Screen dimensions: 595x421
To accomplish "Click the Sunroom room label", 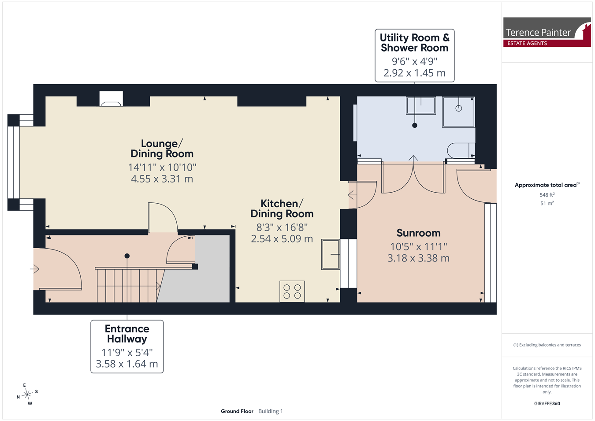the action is click(x=418, y=233).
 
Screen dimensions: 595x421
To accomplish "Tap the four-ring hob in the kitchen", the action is click(x=292, y=291).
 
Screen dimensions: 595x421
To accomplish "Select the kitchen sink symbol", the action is click(x=331, y=254).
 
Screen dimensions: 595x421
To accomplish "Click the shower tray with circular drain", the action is click(x=458, y=112).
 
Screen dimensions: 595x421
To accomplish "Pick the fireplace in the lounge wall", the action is click(x=111, y=99).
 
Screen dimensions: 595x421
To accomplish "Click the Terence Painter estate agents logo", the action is click(x=547, y=32).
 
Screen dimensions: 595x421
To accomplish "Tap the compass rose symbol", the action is click(x=27, y=394).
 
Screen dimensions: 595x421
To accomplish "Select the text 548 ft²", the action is click(x=547, y=195).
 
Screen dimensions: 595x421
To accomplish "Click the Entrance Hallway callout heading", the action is click(x=127, y=334).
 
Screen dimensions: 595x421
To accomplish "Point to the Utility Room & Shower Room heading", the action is click(x=414, y=42).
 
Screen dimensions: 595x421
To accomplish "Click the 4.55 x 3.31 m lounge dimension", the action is click(x=162, y=179).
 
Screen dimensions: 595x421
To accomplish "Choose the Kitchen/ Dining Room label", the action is click(x=282, y=209).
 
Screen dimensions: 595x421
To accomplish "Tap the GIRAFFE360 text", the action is click(x=547, y=403).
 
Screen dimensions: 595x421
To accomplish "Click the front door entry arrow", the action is click(x=34, y=269).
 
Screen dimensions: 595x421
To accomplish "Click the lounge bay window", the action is click(x=13, y=162).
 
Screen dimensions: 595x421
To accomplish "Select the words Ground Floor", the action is click(x=237, y=411).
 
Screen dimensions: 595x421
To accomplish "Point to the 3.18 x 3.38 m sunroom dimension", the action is click(x=418, y=258).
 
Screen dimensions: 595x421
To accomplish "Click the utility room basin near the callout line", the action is click(x=421, y=105).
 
